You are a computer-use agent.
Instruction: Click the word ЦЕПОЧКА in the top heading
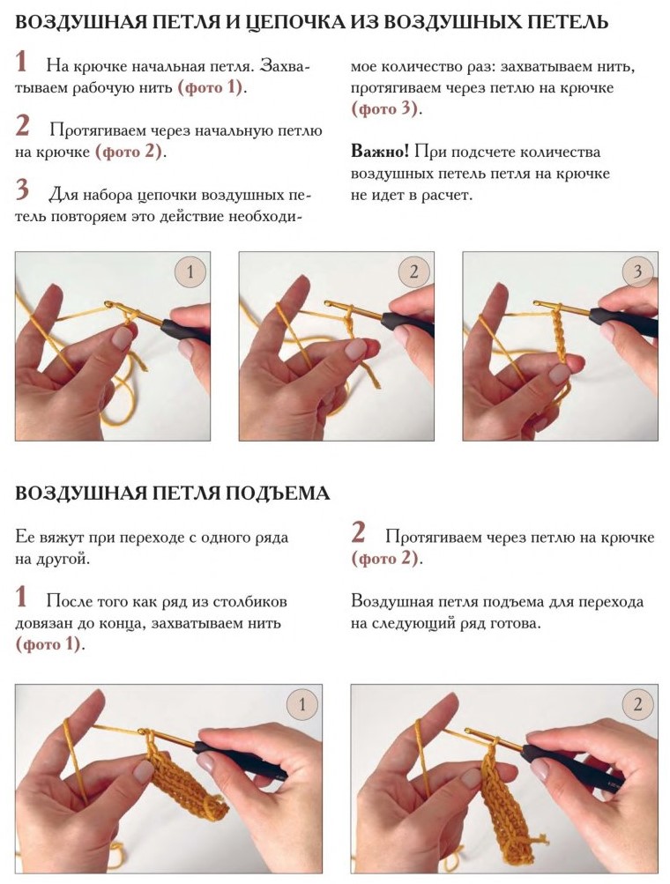click(x=297, y=22)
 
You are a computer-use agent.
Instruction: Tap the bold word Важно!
click(x=380, y=152)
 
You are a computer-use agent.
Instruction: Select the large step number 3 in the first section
click(x=22, y=189)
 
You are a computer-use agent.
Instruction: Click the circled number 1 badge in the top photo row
click(x=190, y=272)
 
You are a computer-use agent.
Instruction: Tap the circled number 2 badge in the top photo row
click(x=414, y=272)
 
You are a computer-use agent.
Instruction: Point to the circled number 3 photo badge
click(x=638, y=272)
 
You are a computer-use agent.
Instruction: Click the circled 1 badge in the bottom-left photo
click(x=302, y=705)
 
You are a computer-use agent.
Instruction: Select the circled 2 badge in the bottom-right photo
click(x=638, y=705)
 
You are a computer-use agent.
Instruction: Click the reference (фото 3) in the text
click(x=386, y=108)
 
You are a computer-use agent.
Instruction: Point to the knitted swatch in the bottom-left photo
click(x=183, y=781)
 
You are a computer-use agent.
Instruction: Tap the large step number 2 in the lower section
click(x=358, y=532)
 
